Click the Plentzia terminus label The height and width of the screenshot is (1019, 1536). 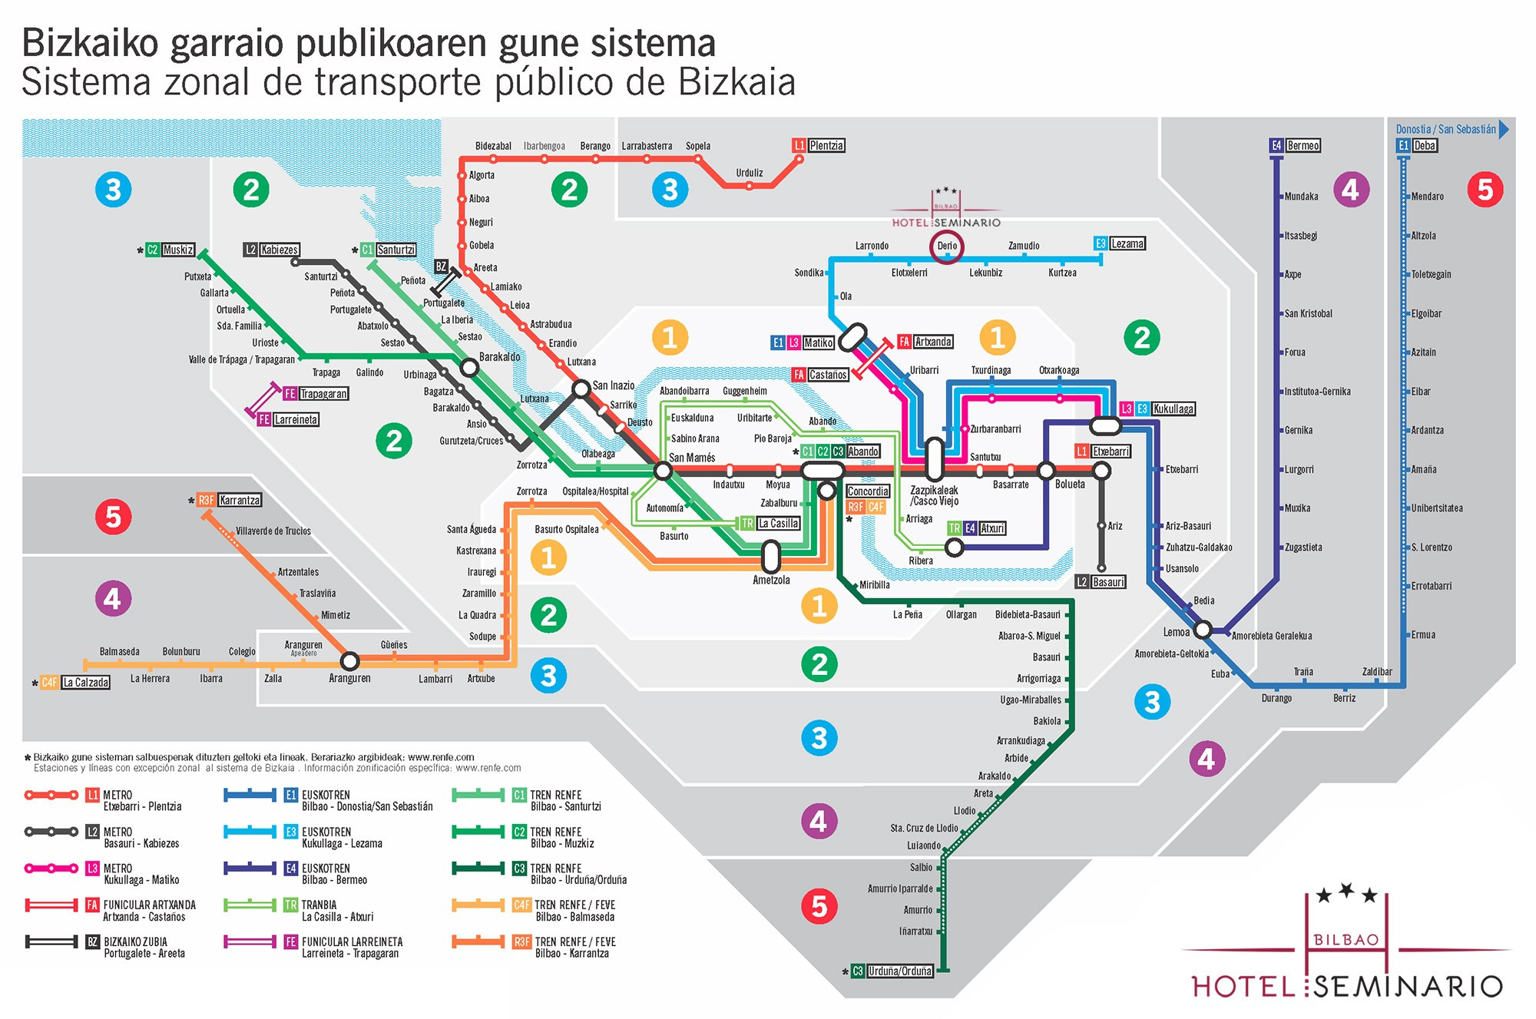tap(826, 145)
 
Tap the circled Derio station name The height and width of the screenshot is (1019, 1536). tap(947, 246)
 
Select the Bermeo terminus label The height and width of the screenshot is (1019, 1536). tap(1303, 145)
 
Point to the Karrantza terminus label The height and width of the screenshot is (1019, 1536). tap(240, 500)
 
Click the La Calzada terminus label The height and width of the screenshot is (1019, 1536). tap(85, 682)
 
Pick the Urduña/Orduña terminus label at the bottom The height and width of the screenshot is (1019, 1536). tap(899, 971)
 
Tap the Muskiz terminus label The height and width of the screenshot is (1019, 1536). tap(178, 250)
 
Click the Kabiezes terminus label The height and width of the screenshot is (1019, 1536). tap(279, 250)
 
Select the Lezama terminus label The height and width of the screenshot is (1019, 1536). tap(1127, 243)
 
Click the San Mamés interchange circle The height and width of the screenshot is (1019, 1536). tap(663, 470)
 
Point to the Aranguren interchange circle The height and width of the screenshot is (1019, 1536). tap(349, 660)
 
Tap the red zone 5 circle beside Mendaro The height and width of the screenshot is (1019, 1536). tap(1485, 190)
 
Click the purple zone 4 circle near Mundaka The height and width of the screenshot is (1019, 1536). tap(1350, 190)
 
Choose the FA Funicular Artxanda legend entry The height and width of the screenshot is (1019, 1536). tap(149, 911)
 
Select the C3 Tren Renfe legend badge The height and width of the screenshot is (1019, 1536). tap(519, 868)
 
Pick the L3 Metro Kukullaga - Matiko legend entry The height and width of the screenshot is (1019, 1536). tap(141, 874)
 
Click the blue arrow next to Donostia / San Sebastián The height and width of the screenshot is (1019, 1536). tap(1505, 129)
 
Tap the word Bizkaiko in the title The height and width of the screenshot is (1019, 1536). tap(90, 43)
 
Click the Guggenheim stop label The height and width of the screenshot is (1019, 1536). tap(744, 391)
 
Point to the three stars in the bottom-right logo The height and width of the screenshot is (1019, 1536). tap(1346, 893)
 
